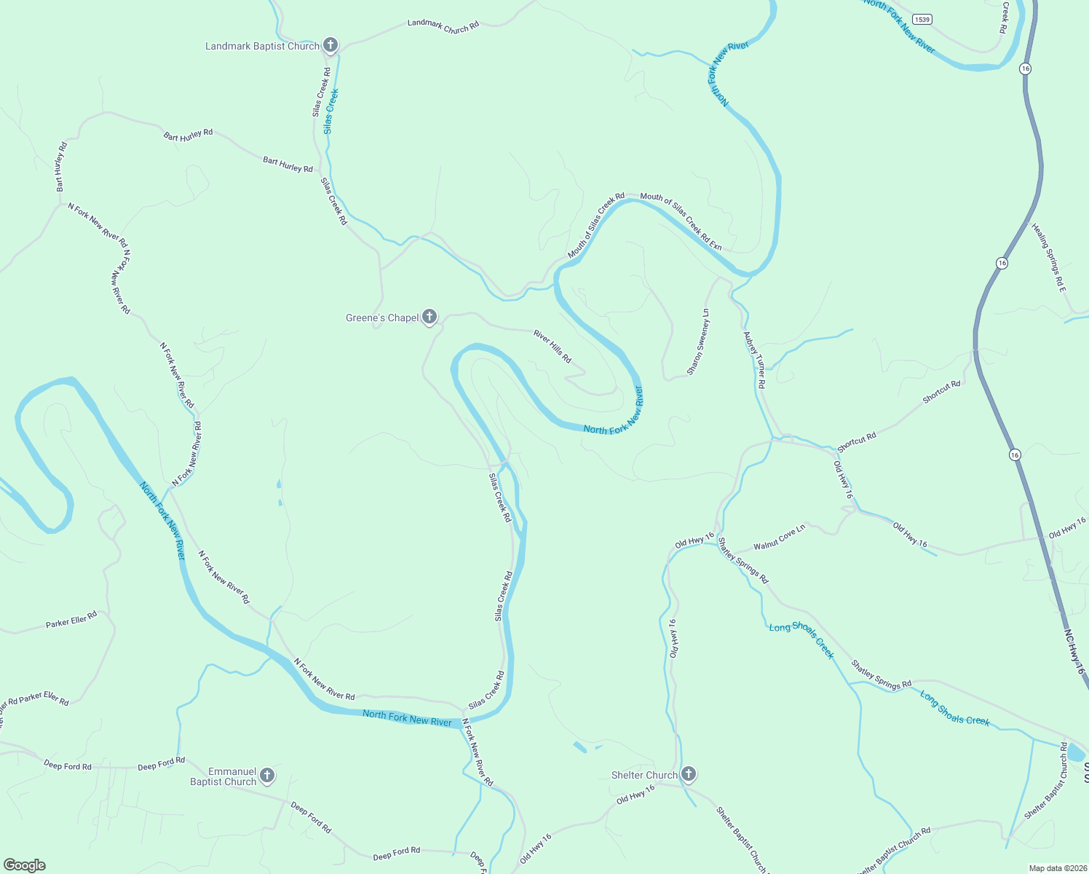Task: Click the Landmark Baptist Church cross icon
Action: click(330, 45)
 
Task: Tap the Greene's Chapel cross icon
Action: click(429, 317)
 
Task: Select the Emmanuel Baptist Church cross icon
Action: click(267, 776)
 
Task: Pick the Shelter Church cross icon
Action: click(689, 774)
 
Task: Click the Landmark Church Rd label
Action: click(443, 26)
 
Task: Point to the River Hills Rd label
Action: click(553, 346)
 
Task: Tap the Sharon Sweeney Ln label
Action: click(698, 342)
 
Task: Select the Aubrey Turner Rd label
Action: click(755, 360)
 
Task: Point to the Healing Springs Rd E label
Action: click(1048, 259)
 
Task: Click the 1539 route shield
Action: click(922, 20)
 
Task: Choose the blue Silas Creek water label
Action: click(331, 111)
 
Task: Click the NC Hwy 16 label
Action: click(1074, 651)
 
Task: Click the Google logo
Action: click(25, 865)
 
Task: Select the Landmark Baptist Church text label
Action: click(262, 46)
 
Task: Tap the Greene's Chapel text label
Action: click(382, 318)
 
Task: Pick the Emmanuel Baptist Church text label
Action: click(223, 776)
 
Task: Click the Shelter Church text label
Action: click(644, 775)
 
